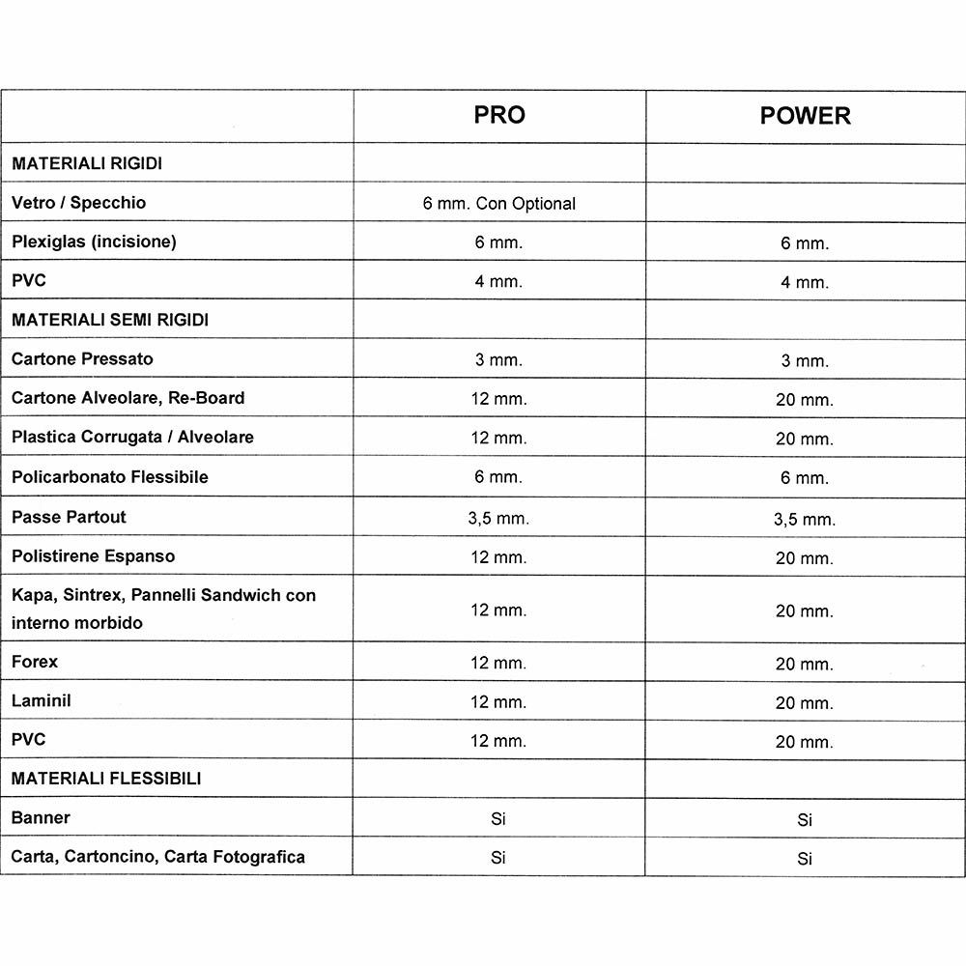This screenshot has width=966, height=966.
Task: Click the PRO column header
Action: (x=498, y=115)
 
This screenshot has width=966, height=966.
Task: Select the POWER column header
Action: (x=805, y=116)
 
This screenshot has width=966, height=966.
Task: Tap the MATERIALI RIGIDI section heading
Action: (x=87, y=164)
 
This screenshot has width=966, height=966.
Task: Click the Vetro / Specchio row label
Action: (x=79, y=203)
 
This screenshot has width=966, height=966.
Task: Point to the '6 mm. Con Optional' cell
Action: (x=498, y=204)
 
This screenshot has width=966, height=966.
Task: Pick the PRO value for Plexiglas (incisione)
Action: (x=498, y=242)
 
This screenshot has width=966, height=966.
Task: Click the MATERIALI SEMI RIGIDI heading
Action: (x=110, y=320)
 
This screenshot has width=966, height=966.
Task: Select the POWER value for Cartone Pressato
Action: (x=805, y=360)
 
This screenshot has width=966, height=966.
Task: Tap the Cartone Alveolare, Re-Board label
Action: (x=128, y=397)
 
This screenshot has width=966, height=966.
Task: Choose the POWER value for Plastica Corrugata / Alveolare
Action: (x=804, y=439)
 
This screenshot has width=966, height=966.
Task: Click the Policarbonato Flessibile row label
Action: (x=110, y=477)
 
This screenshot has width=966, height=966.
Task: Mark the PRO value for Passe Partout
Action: (x=498, y=518)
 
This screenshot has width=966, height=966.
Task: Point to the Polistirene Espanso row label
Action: (x=94, y=556)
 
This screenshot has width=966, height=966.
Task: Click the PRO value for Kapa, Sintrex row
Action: (x=498, y=610)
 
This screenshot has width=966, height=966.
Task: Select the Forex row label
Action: (x=35, y=662)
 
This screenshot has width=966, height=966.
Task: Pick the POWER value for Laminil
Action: (x=804, y=703)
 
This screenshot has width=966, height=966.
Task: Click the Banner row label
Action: (x=41, y=817)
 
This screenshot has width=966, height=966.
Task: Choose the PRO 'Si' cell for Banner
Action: (x=498, y=818)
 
